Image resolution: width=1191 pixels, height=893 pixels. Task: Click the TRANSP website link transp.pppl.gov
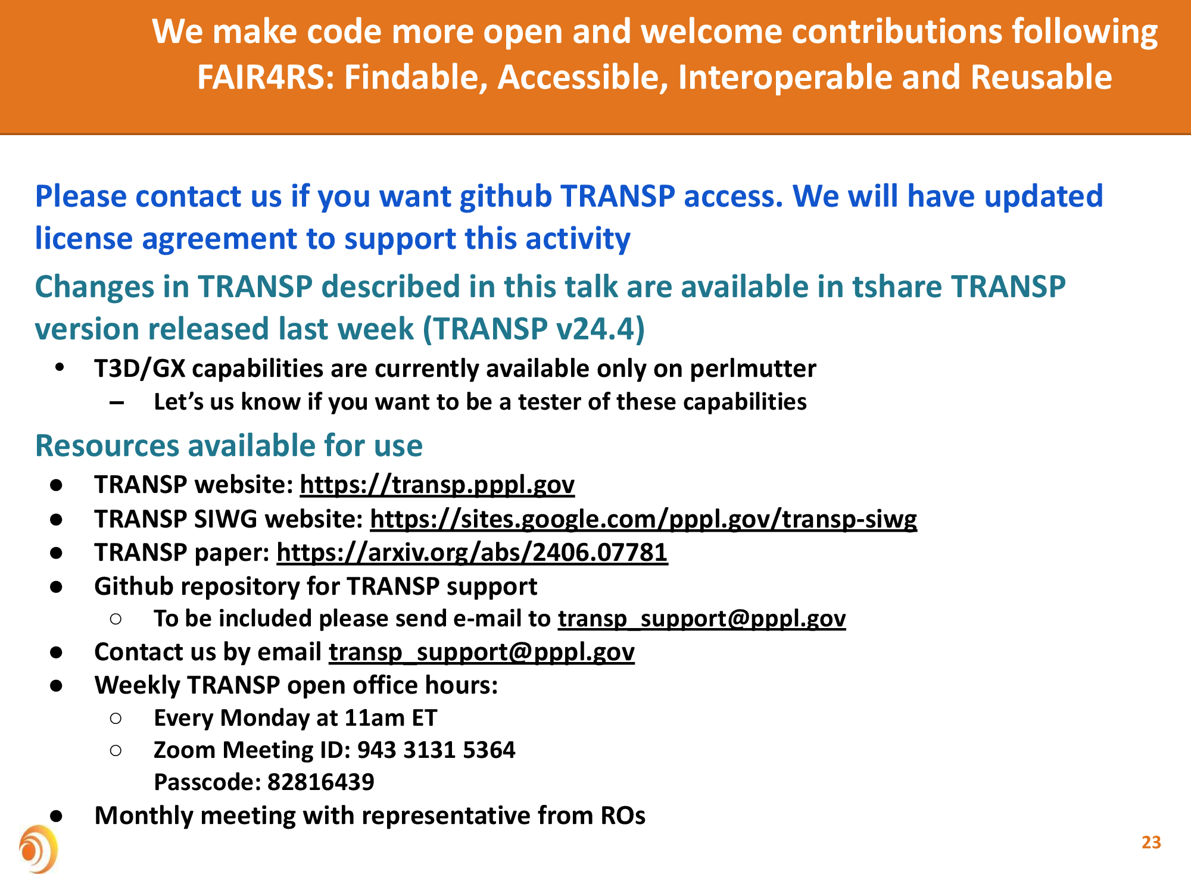click(437, 485)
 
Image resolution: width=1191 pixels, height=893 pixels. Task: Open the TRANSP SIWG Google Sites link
click(644, 519)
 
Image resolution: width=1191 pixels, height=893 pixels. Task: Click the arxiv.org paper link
click(472, 552)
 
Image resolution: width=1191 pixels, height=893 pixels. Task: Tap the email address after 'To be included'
click(702, 619)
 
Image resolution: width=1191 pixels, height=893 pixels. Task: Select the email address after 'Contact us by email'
click(482, 652)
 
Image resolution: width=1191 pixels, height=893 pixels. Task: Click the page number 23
click(1151, 842)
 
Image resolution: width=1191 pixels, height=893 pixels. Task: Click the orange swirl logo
click(38, 849)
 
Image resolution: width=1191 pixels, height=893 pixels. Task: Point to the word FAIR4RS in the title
click(266, 77)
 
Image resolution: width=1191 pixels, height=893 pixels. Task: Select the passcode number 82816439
click(321, 782)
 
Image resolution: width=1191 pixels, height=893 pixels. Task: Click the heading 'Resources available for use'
click(229, 446)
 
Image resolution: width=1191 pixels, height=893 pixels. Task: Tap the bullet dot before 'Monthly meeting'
click(57, 816)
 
